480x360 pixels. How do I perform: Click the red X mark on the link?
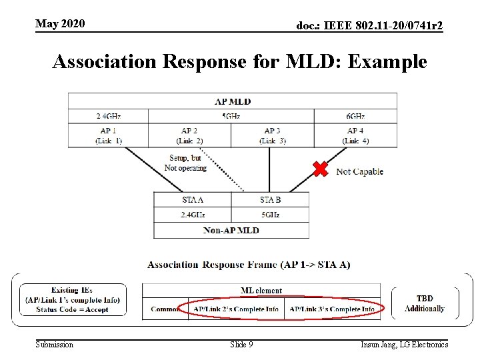coord(321,169)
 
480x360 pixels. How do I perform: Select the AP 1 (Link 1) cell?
coord(108,135)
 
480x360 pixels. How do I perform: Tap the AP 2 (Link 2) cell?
coord(189,135)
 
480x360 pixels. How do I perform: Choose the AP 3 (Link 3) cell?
coord(272,135)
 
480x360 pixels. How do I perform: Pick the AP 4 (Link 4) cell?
coord(355,135)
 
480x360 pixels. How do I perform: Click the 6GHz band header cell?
coord(355,116)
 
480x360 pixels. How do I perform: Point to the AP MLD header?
coord(232,101)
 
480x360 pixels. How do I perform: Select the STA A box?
coord(192,199)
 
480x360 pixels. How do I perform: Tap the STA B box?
coord(270,199)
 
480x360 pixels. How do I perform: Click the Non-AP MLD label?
coord(231,231)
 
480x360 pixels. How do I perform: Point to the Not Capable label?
coord(359,172)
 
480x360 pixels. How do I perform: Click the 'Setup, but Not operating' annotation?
coord(185,163)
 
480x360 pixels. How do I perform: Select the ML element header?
coord(261,291)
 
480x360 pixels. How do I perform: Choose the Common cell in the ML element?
coord(165,309)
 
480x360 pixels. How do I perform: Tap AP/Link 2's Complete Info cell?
coord(236,309)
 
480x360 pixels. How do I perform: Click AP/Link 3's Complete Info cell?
coord(331,309)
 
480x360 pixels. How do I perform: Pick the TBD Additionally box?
coord(425,303)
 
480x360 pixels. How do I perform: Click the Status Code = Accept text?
coord(72,309)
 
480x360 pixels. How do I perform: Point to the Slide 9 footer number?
coord(241,345)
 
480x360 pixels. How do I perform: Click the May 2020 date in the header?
coord(60,24)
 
